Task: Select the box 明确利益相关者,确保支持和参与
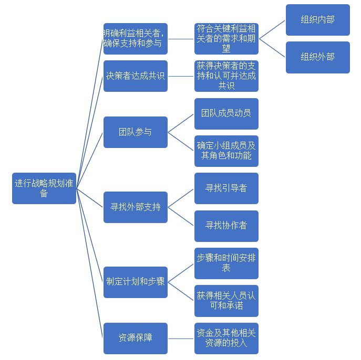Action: point(135,38)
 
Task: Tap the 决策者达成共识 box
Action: point(135,76)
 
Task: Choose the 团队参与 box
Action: point(135,132)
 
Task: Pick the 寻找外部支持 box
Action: point(135,207)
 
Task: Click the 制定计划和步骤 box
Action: point(135,282)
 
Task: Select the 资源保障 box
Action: point(135,338)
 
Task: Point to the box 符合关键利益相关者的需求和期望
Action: point(226,38)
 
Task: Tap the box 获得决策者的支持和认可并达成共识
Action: point(226,76)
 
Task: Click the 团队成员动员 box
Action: point(226,113)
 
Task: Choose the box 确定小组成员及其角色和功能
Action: point(226,151)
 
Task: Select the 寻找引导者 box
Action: point(226,188)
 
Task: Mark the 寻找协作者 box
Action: point(226,226)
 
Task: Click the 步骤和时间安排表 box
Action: point(226,263)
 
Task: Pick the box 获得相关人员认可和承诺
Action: point(226,301)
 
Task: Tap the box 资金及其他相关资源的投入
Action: point(226,338)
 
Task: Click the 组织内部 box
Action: point(317,20)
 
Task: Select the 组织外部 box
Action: point(317,57)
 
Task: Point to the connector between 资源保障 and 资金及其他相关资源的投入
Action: point(181,338)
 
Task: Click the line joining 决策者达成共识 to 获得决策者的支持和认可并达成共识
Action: point(181,76)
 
